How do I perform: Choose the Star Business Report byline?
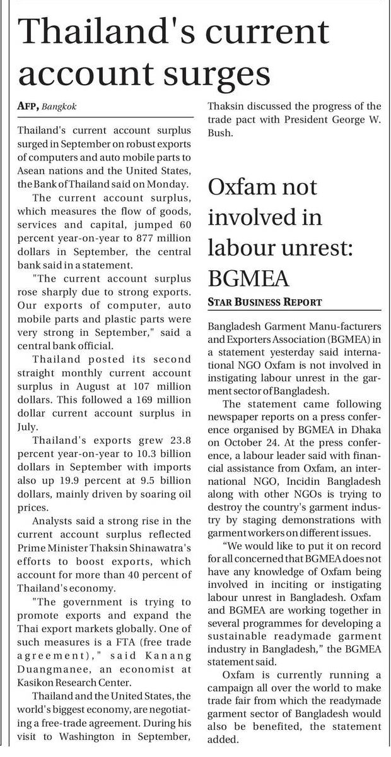click(x=265, y=302)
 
